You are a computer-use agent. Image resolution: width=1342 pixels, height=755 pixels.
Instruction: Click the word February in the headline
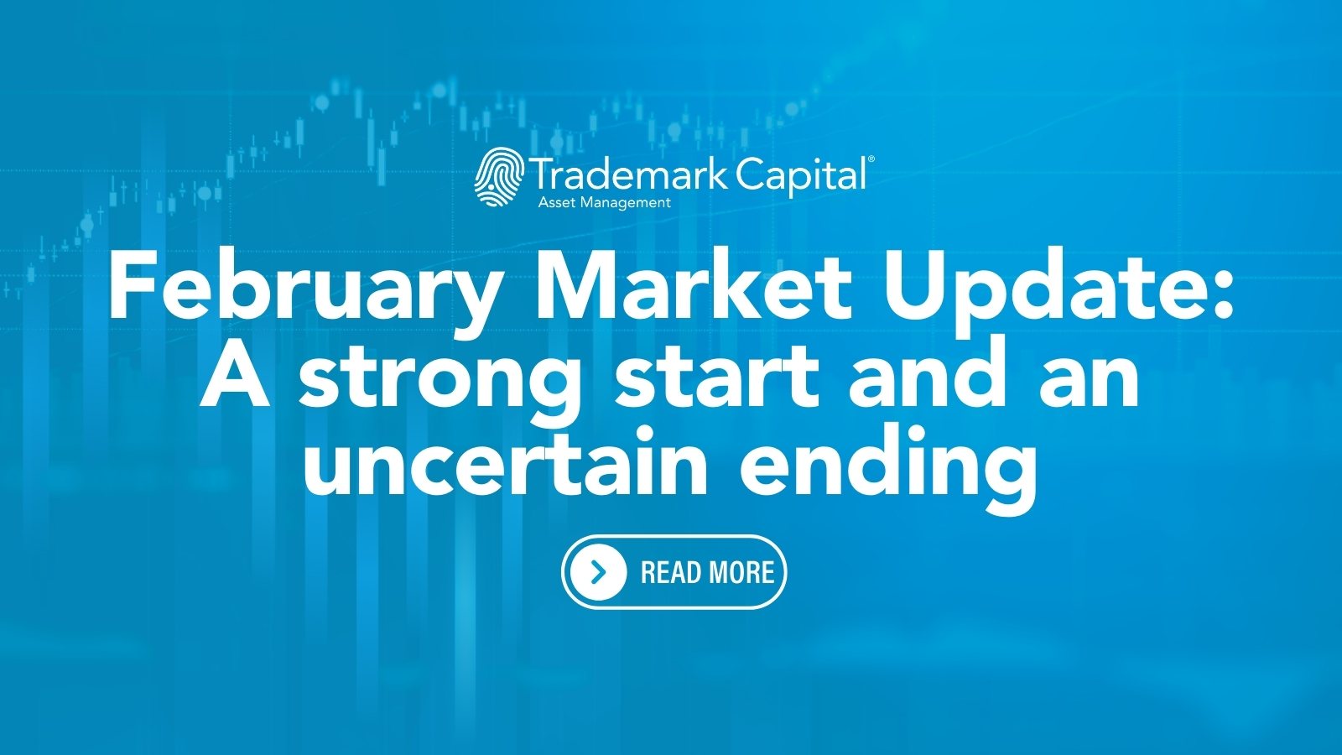[x=306, y=289]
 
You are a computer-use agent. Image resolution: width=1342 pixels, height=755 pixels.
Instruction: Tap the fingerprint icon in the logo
[x=499, y=177]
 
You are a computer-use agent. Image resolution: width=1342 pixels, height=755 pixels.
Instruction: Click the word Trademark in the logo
[x=629, y=174]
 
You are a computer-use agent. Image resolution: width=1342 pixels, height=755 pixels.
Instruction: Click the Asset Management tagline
[x=604, y=202]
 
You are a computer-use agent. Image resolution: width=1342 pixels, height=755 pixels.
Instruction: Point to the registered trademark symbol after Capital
[x=871, y=159]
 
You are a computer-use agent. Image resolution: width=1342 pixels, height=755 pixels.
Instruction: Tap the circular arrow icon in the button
[x=598, y=572]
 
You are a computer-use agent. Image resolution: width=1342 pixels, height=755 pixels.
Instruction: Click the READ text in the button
[x=670, y=573]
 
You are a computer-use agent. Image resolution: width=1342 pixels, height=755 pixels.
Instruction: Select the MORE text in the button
[x=741, y=573]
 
